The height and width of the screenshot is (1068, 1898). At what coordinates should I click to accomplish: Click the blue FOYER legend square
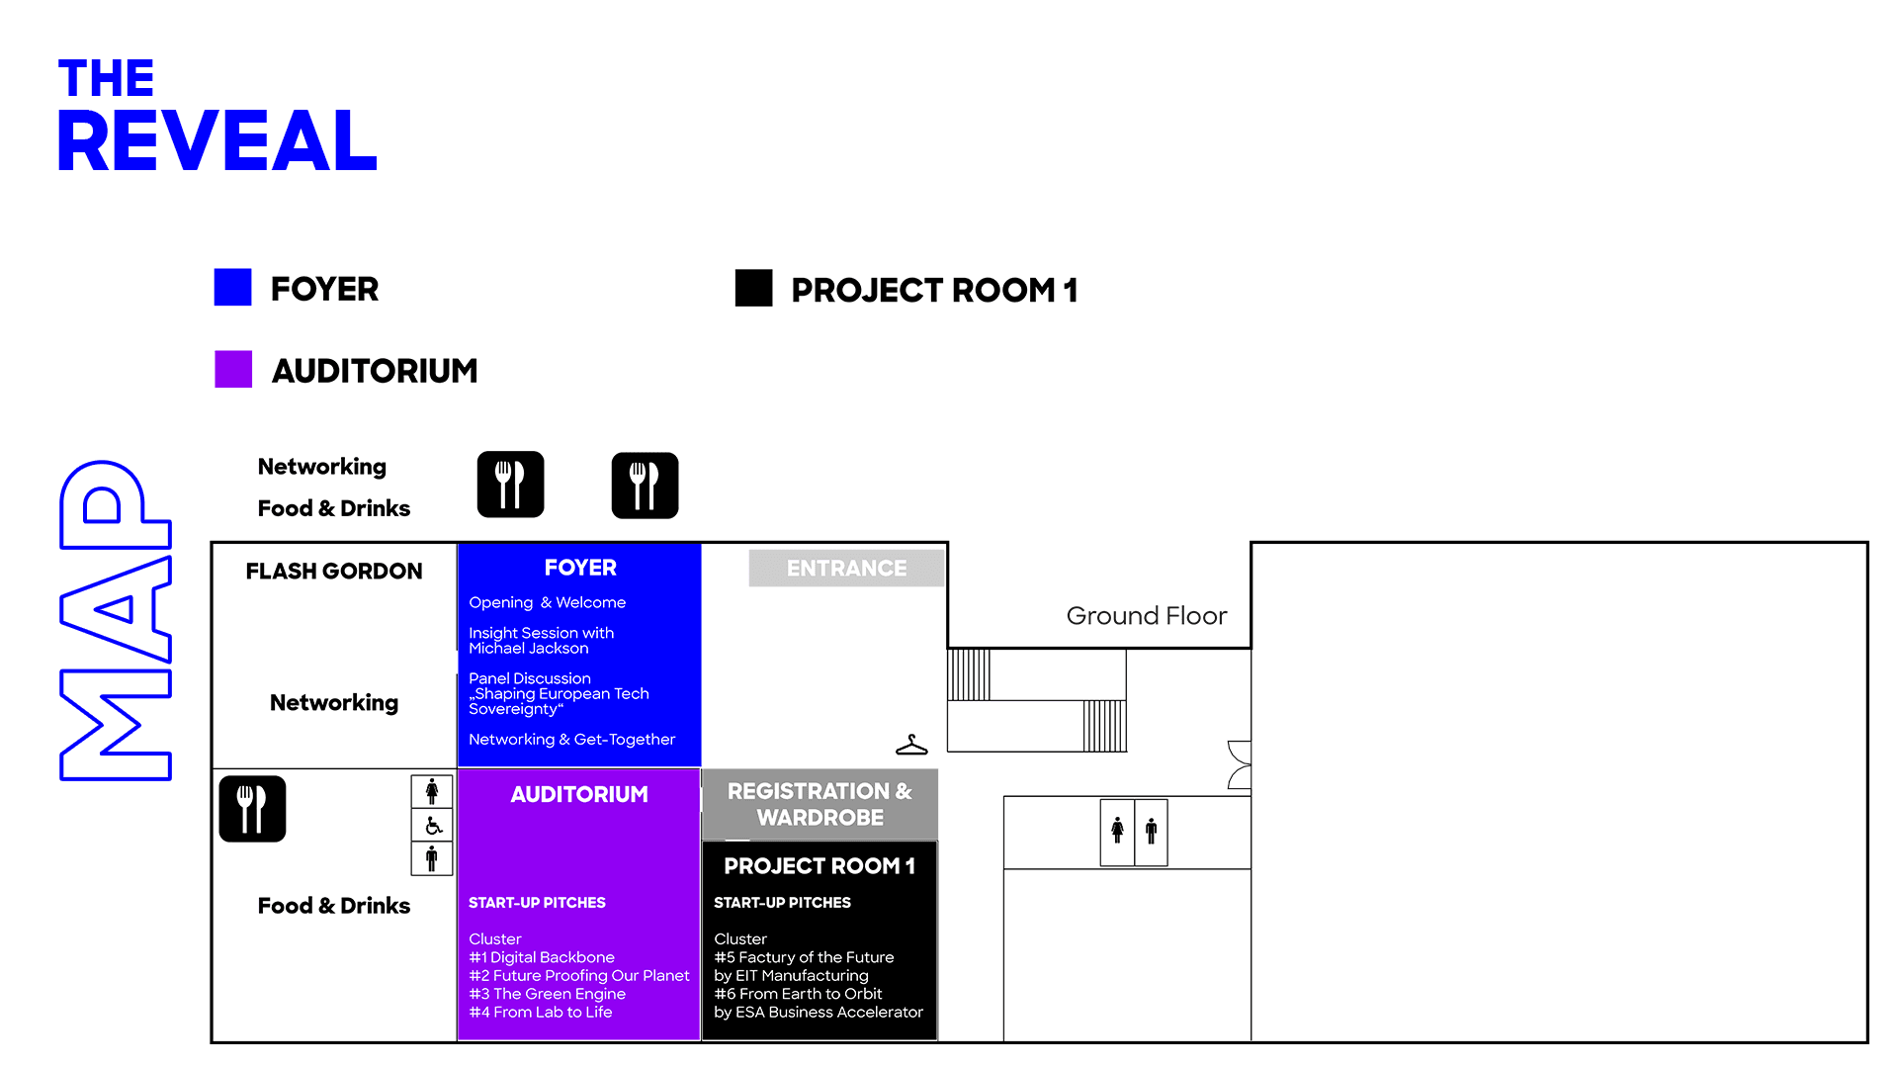[232, 288]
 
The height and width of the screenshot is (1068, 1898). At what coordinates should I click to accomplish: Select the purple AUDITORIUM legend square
[233, 369]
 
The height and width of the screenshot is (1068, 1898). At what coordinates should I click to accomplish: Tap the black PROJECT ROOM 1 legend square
[753, 288]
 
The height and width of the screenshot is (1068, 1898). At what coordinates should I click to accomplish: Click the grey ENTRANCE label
[846, 569]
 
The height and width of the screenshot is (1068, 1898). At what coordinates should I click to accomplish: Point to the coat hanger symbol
[911, 746]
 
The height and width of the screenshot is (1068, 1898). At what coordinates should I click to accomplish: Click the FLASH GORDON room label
[334, 572]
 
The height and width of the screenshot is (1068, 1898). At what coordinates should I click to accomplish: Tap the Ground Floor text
[1147, 616]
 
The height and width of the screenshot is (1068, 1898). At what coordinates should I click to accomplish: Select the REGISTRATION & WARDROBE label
[820, 804]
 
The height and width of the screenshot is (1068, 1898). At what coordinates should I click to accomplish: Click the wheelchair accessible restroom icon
[433, 826]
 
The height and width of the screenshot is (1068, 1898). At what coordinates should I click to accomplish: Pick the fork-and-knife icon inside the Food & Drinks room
[252, 809]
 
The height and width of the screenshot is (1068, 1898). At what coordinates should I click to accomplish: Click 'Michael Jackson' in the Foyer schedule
[529, 649]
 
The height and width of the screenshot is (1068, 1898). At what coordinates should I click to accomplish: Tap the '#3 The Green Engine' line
[548, 994]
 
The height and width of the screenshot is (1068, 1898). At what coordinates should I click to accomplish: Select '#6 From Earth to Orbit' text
[798, 994]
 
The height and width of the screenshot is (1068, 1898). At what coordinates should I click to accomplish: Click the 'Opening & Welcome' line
[548, 602]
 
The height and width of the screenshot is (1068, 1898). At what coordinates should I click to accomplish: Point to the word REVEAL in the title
[217, 140]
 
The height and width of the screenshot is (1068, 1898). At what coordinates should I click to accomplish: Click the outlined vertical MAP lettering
[116, 620]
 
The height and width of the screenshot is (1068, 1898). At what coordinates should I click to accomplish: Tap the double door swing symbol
[1240, 764]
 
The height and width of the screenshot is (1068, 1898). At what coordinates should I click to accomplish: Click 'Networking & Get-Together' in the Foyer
[571, 740]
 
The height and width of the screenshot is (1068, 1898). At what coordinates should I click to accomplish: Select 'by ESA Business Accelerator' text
[819, 1013]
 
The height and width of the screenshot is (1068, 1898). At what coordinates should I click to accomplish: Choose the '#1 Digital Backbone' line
[542, 957]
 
